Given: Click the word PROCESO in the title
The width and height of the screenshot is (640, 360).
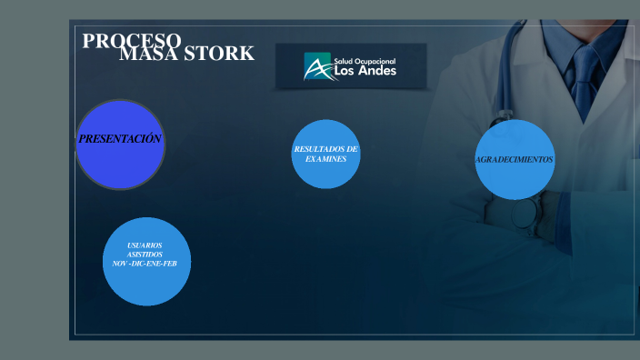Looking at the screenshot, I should (132, 41).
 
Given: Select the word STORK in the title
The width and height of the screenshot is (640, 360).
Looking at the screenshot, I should (219, 55).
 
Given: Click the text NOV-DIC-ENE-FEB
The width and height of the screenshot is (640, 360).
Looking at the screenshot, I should (146, 263).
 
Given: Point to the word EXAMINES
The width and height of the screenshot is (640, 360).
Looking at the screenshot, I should (326, 158).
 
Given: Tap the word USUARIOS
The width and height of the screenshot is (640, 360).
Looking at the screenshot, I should (145, 245).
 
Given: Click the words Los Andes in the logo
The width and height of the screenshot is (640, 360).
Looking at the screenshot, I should (365, 70).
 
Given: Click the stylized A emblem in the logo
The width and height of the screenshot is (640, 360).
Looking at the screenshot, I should (317, 66).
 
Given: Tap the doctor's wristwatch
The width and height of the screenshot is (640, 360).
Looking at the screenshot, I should (524, 213).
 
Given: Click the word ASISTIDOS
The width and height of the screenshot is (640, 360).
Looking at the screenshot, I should (145, 255).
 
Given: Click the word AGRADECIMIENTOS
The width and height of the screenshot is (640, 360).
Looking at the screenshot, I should (515, 159).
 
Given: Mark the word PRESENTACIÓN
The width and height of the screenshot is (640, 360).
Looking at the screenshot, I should (120, 139).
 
